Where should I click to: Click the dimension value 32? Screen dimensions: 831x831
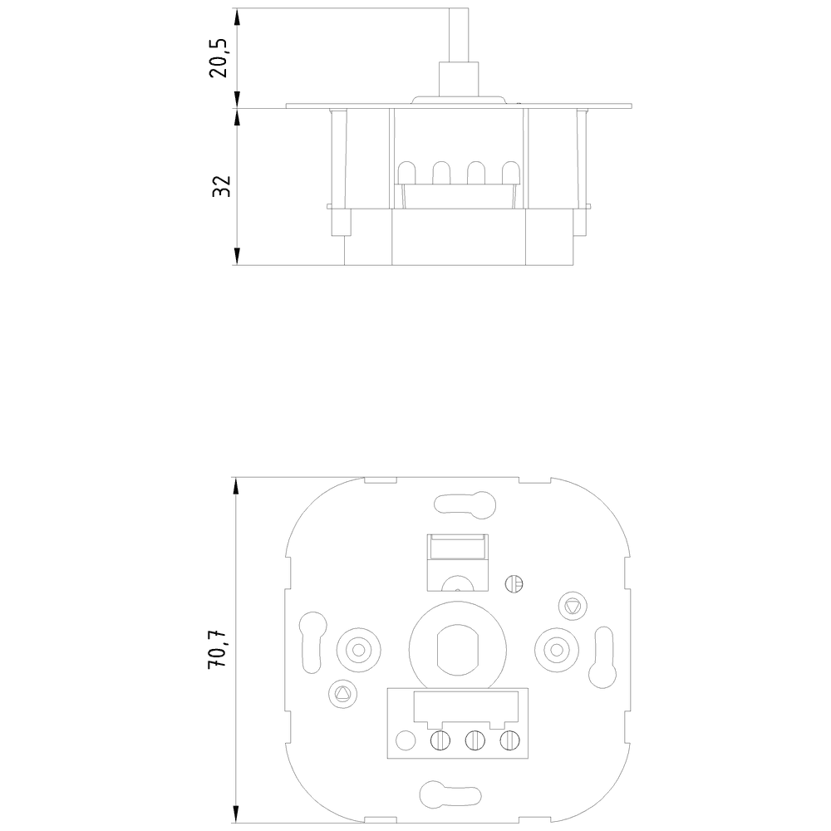pyautogui.click(x=220, y=186)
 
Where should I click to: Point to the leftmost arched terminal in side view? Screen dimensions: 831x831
pyautogui.click(x=408, y=172)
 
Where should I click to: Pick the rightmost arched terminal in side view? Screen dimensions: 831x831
pyautogui.click(x=509, y=172)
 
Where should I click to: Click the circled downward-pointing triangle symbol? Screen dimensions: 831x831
pyautogui.click(x=571, y=604)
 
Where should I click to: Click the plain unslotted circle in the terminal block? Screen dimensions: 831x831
pyautogui.click(x=406, y=740)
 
